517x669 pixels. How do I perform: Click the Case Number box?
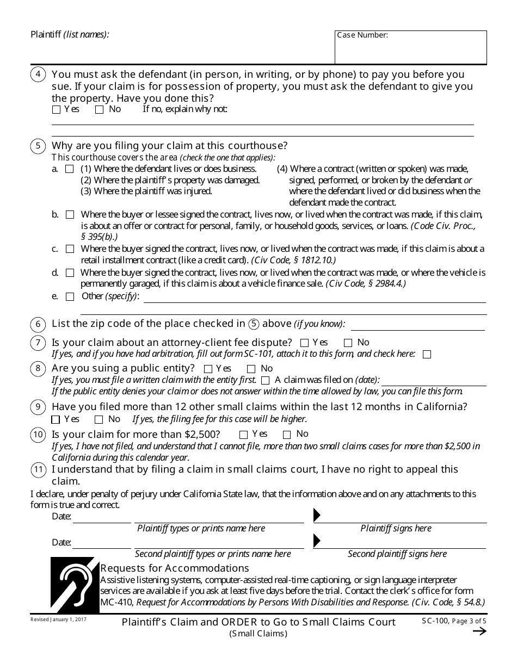click(410, 47)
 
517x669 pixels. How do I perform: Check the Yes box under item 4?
click(56, 109)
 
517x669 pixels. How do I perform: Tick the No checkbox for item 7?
click(348, 343)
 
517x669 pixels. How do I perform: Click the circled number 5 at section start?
click(38, 146)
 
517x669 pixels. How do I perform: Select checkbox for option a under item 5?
click(69, 169)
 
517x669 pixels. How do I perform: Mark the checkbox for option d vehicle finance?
click(70, 272)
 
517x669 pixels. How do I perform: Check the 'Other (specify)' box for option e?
click(70, 296)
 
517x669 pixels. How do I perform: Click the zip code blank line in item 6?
click(417, 325)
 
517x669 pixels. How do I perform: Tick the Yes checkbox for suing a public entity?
click(213, 369)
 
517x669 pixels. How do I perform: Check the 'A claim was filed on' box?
click(265, 380)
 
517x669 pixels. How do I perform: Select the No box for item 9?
click(99, 419)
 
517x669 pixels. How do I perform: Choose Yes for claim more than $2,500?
click(243, 434)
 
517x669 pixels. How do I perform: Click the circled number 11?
click(38, 470)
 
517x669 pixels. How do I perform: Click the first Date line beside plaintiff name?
click(102, 517)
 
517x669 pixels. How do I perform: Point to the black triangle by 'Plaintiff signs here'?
click(317, 516)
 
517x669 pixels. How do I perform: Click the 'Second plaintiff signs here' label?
click(397, 554)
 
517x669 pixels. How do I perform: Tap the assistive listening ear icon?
click(75, 585)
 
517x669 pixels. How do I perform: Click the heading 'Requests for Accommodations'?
click(174, 568)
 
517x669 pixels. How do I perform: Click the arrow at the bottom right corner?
click(479, 631)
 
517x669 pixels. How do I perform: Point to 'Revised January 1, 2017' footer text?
click(58, 620)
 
